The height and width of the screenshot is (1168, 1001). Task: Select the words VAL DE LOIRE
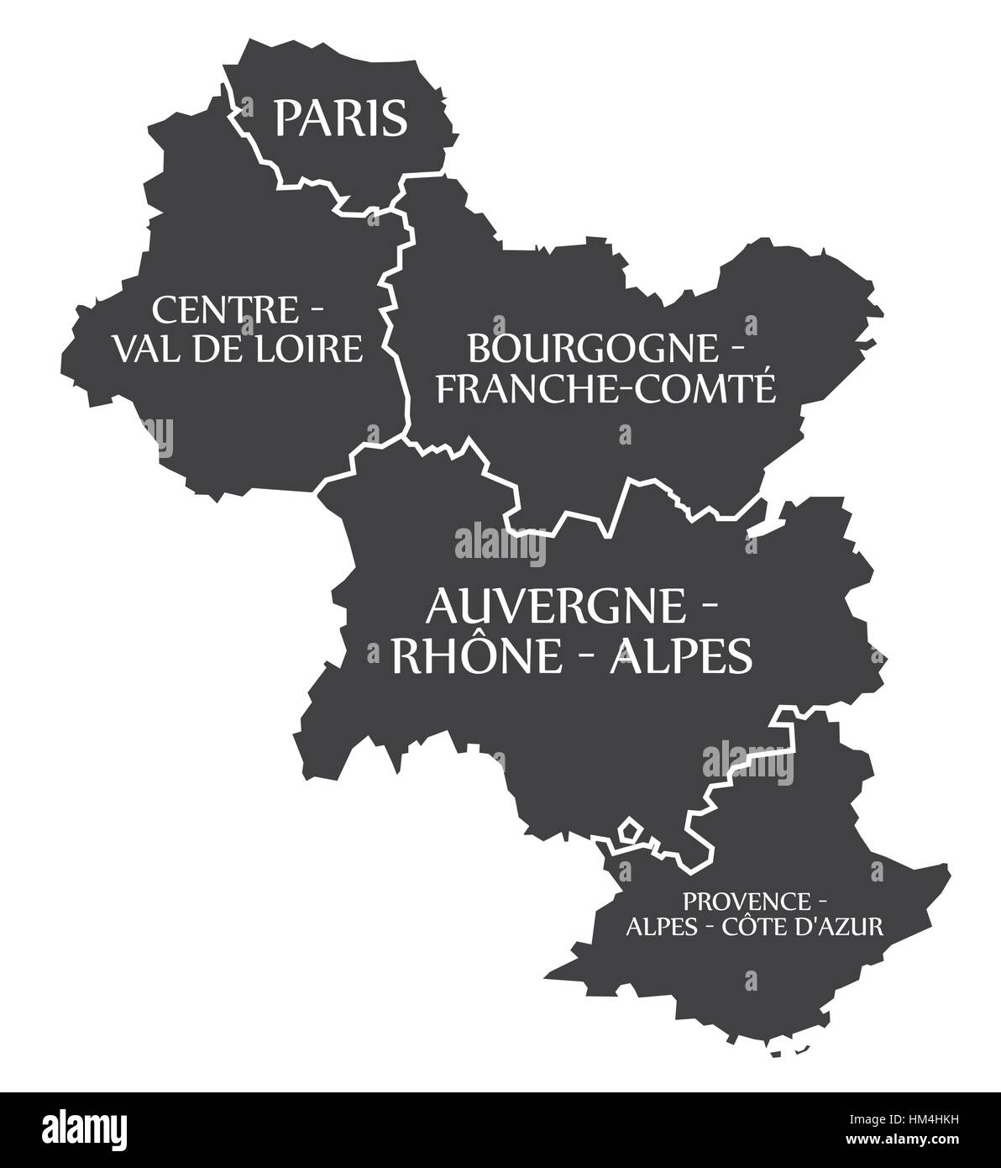238,347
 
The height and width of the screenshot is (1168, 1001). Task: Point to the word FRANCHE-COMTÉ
607,388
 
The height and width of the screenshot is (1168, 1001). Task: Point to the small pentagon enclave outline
631,831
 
